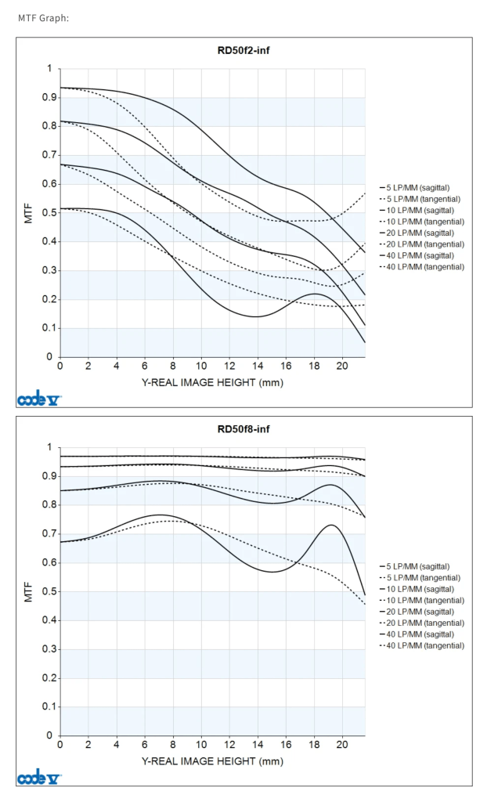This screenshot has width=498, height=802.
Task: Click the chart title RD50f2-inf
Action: click(x=244, y=51)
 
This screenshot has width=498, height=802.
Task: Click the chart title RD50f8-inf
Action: click(x=244, y=429)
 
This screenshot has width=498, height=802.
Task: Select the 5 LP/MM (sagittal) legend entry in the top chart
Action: click(x=422, y=188)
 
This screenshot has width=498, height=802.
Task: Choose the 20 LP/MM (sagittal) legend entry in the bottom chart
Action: click(x=422, y=611)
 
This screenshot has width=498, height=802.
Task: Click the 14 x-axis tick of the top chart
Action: click(x=258, y=366)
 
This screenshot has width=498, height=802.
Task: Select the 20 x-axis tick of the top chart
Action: click(x=341, y=366)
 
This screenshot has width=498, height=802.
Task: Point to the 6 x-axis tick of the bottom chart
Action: click(x=145, y=745)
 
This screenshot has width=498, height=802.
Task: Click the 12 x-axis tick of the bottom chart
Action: click(x=229, y=745)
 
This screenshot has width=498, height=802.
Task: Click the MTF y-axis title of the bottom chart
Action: click(x=28, y=591)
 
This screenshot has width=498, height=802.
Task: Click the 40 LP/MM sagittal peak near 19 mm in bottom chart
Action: click(x=331, y=525)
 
